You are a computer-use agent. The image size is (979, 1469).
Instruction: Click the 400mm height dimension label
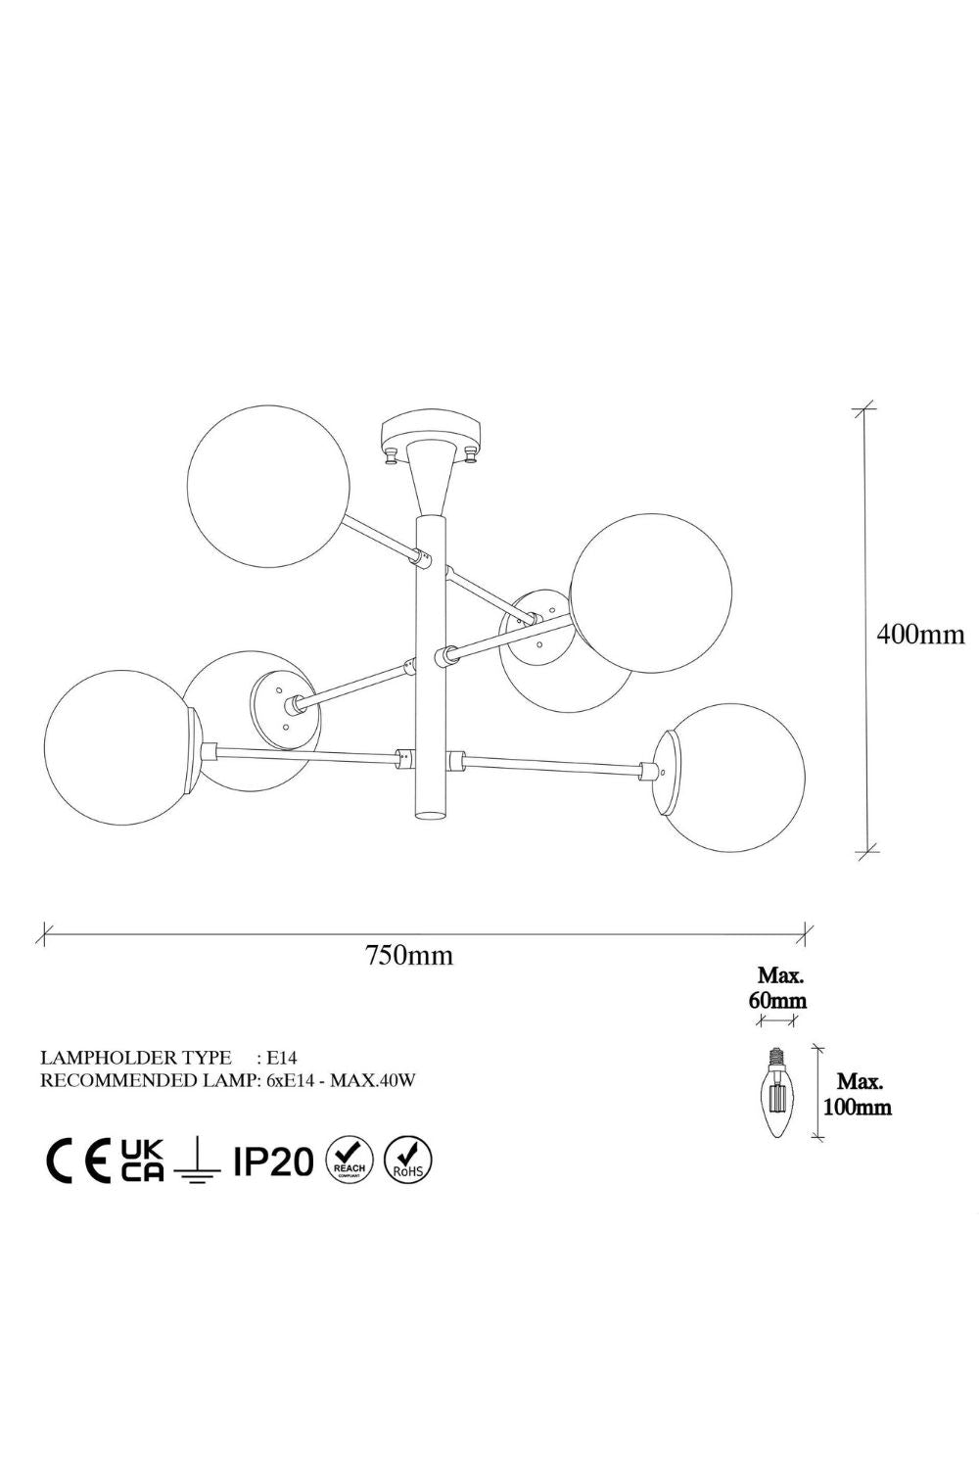coord(920,635)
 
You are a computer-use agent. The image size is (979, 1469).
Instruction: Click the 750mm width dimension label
coord(409,955)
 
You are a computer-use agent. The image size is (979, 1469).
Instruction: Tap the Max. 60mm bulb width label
coord(777,987)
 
